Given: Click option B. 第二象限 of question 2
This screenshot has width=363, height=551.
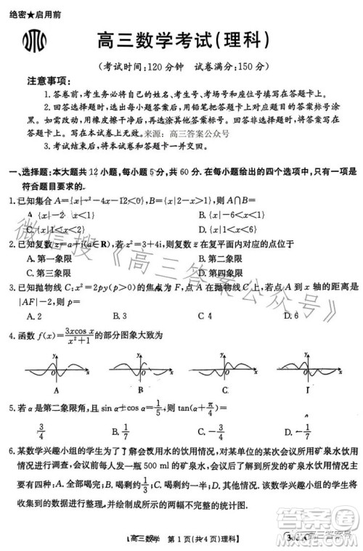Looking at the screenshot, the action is coord(221,258).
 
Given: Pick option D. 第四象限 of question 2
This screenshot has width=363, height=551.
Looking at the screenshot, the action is coord(221,272).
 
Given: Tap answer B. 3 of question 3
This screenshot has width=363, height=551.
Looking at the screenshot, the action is coord(120,316).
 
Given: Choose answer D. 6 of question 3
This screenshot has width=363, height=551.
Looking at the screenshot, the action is coord(290,316).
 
